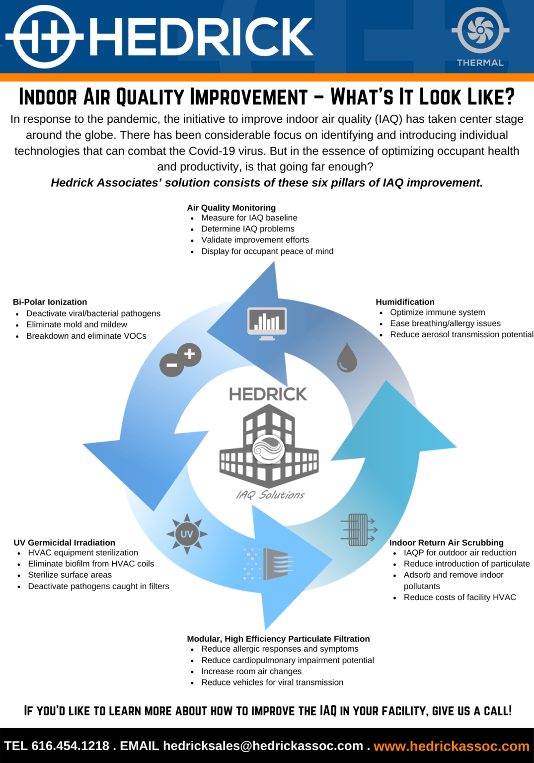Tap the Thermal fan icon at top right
click(480, 30)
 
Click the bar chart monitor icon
click(267, 323)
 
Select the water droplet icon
click(347, 358)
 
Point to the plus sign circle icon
click(189, 354)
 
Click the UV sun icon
click(187, 534)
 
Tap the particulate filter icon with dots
click(269, 564)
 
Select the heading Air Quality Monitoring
click(231, 208)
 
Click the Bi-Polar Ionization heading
click(50, 302)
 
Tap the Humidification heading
click(405, 302)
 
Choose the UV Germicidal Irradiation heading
click(64, 542)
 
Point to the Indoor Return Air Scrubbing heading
click(446, 542)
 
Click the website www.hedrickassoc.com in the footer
click(452, 746)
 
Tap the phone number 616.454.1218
click(70, 746)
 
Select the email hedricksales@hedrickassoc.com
click(263, 746)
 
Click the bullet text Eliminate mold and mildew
click(76, 324)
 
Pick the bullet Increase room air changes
click(251, 671)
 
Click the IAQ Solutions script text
click(270, 495)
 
